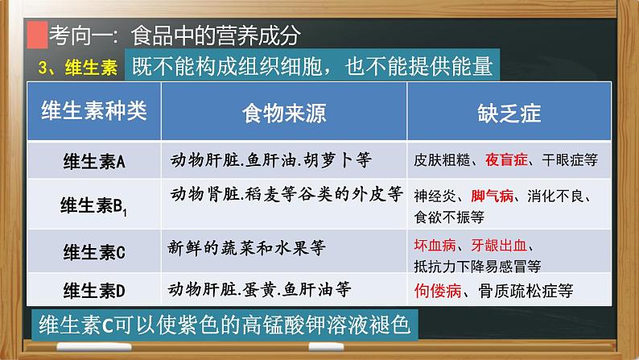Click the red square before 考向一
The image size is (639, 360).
click(x=35, y=37)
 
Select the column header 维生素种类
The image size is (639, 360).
click(x=94, y=112)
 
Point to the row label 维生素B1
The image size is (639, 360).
click(x=94, y=206)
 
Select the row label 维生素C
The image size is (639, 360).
click(x=94, y=252)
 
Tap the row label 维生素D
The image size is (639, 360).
click(x=94, y=291)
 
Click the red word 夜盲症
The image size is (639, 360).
click(x=506, y=160)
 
